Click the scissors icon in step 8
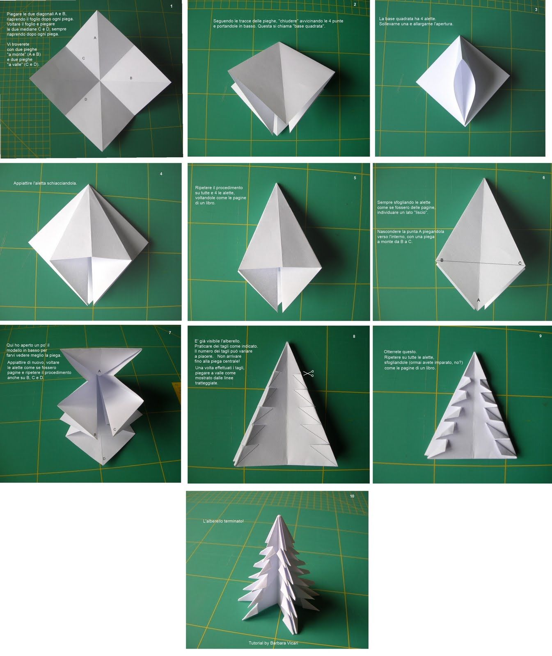pyautogui.click(x=309, y=373)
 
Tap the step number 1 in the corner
pyautogui.click(x=172, y=6)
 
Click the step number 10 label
pyautogui.click(x=352, y=496)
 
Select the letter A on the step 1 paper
pyautogui.click(x=95, y=38)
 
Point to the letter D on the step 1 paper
pyautogui.click(x=86, y=100)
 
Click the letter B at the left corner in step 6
pyautogui.click(x=442, y=260)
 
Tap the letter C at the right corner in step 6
pyautogui.click(x=520, y=263)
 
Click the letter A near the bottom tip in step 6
pyautogui.click(x=479, y=300)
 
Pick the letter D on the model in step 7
pyautogui.click(x=104, y=458)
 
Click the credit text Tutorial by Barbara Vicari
pyautogui.click(x=273, y=643)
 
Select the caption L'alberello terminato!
pyautogui.click(x=223, y=521)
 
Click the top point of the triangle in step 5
pyautogui.click(x=277, y=184)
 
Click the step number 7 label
pyautogui.click(x=170, y=333)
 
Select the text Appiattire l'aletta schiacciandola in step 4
pyautogui.click(x=45, y=183)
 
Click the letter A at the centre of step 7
pyautogui.click(x=99, y=371)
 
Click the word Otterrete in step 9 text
pyautogui.click(x=394, y=352)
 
